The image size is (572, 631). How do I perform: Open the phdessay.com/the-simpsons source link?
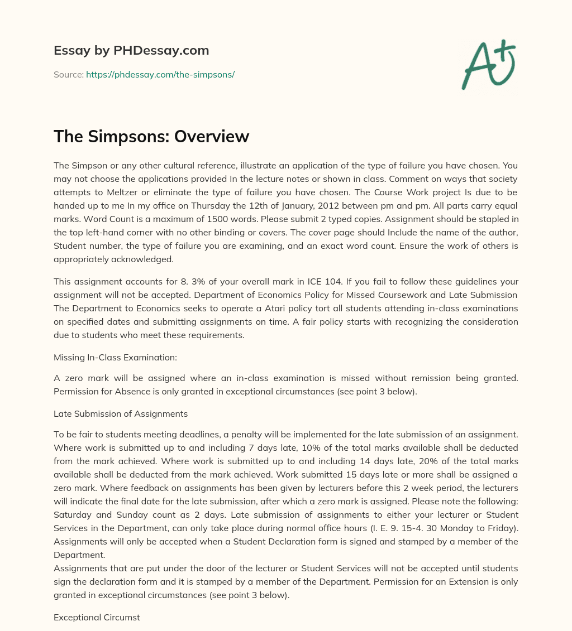point(160,74)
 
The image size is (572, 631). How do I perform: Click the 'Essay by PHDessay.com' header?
point(131,50)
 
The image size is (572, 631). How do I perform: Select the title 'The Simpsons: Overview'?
point(151,136)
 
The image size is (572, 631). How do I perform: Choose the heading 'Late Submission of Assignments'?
point(121,414)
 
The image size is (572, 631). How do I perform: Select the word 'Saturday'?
point(72,514)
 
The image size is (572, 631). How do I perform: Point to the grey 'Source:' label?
point(69,74)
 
